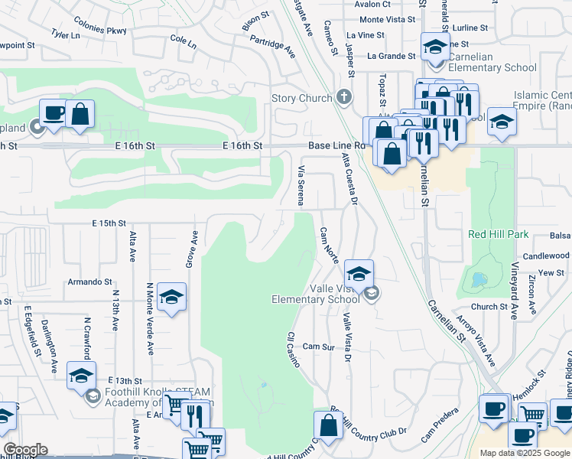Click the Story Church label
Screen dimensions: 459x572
tap(302, 98)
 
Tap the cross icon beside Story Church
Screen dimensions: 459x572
tap(344, 98)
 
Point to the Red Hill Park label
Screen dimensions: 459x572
tap(498, 233)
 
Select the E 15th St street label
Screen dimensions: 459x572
tap(108, 223)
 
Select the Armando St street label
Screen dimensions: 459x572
tap(90, 281)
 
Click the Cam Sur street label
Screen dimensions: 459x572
tap(318, 347)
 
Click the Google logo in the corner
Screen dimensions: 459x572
tap(24, 450)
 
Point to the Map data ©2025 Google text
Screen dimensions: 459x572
tap(525, 453)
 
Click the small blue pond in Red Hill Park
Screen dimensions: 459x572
tap(479, 281)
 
